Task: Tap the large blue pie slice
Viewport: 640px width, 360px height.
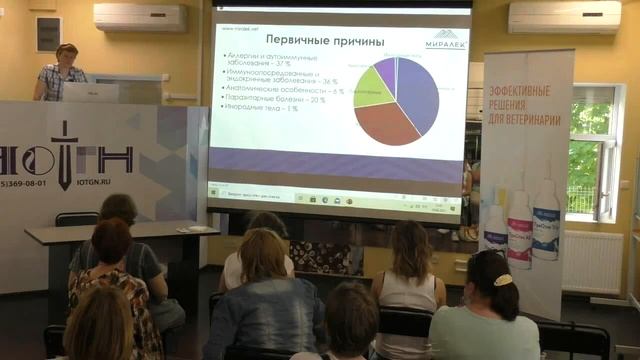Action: tap(420, 94)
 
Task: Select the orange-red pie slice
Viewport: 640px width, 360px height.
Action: tap(382, 124)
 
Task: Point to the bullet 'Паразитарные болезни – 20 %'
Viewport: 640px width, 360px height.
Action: tap(274, 99)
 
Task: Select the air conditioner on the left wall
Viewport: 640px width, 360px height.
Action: tap(140, 17)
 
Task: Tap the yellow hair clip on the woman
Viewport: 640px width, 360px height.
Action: tap(502, 280)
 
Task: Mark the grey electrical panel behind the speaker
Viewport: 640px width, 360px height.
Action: tap(48, 34)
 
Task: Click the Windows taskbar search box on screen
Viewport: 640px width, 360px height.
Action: tap(260, 187)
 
